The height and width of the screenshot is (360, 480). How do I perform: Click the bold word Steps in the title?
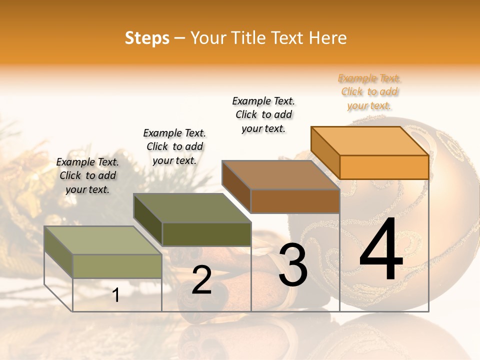point(147,38)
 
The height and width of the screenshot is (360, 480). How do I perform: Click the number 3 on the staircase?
point(293,264)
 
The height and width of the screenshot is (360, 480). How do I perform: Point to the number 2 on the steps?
point(202,280)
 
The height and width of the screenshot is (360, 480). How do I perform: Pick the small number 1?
point(116,295)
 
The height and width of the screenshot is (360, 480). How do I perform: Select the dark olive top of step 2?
point(192,208)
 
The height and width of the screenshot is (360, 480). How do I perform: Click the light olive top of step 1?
point(103,240)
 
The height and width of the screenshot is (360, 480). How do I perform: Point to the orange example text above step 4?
point(369,92)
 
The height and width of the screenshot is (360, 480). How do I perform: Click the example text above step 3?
point(263,114)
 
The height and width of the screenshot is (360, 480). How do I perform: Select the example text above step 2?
point(174,146)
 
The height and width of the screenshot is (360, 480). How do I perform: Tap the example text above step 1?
point(87,175)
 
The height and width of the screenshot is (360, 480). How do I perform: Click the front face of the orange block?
point(384,167)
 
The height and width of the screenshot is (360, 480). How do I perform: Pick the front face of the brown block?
point(295,201)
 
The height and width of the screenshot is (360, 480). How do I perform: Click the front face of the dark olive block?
point(206,234)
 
